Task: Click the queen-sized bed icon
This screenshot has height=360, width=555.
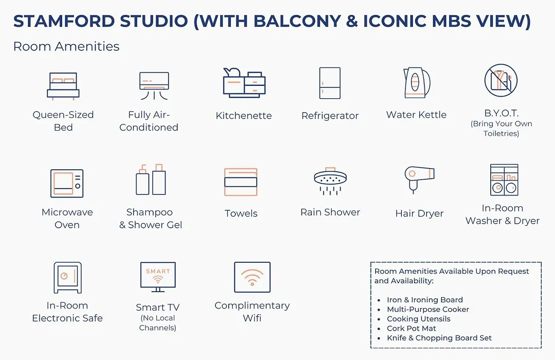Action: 63,86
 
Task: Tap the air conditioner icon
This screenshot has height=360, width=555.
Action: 154,86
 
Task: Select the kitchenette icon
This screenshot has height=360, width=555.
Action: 244,83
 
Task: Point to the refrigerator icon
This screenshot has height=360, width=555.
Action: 329,83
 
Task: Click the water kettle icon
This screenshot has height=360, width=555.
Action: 417,83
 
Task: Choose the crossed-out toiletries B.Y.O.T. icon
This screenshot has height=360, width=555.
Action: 501,80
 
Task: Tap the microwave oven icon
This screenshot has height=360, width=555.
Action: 67,183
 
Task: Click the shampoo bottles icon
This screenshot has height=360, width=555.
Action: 151,179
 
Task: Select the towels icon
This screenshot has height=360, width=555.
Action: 240,182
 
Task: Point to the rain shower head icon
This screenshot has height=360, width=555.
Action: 330,181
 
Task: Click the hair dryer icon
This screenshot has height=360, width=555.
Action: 419,179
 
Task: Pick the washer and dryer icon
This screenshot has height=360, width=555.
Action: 504,179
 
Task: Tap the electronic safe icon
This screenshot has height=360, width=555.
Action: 68,277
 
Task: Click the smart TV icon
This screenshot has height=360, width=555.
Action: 158,277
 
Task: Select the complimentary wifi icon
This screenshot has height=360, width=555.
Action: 252,277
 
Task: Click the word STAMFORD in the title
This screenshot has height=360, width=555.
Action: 65,21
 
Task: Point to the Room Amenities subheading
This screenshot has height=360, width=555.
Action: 66,46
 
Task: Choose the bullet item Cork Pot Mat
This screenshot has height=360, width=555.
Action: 411,329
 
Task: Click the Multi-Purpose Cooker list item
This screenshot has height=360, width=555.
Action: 428,309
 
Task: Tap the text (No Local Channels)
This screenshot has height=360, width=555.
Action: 158,323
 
